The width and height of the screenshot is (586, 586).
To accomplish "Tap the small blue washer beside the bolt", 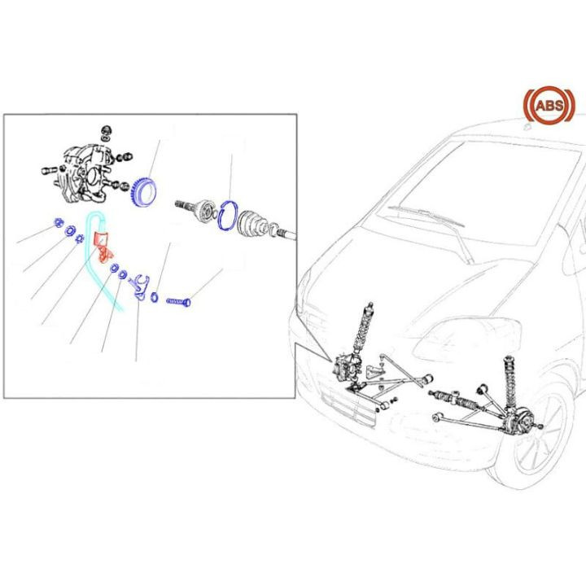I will pos(155,299).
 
